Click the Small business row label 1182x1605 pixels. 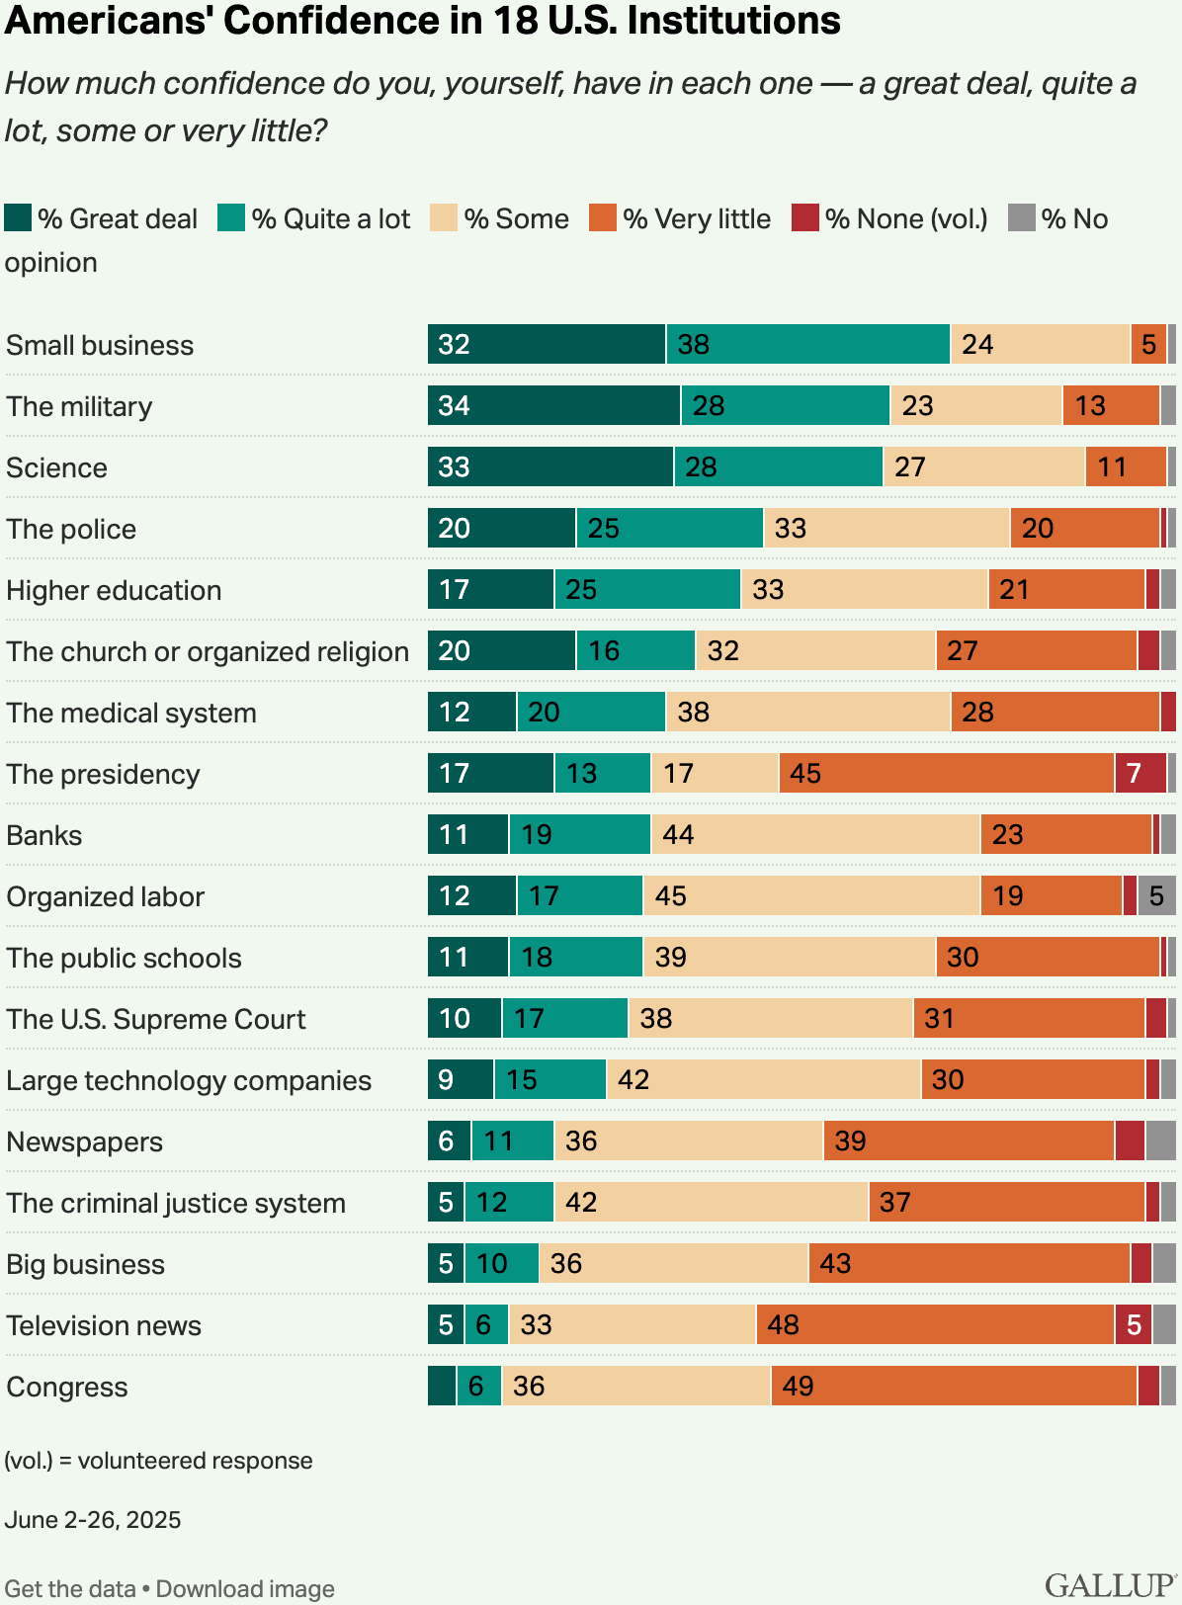[x=100, y=345]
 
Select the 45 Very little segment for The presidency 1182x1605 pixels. [x=946, y=773]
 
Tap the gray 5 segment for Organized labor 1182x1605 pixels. [x=1156, y=895]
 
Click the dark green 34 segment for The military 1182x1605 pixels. [x=553, y=405]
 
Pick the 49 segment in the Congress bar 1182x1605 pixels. [x=954, y=1386]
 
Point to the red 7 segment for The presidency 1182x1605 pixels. [x=1140, y=773]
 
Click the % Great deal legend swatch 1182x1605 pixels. [x=18, y=218]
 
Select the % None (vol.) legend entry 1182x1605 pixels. [x=889, y=218]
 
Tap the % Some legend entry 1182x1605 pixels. [x=500, y=218]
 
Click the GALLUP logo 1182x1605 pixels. [x=1111, y=1584]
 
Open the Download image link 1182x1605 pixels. [x=245, y=1589]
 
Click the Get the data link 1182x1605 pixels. [x=70, y=1589]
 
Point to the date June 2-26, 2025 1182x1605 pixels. [x=93, y=1520]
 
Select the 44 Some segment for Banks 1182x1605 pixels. [x=814, y=834]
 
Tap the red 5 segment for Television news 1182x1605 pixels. [x=1133, y=1324]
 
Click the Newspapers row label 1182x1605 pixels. [x=84, y=1141]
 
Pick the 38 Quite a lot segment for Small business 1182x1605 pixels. [x=807, y=344]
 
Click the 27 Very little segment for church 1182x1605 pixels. [x=1036, y=650]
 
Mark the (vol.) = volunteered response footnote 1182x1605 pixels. [x=158, y=1461]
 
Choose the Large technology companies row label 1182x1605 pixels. [x=189, y=1080]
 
